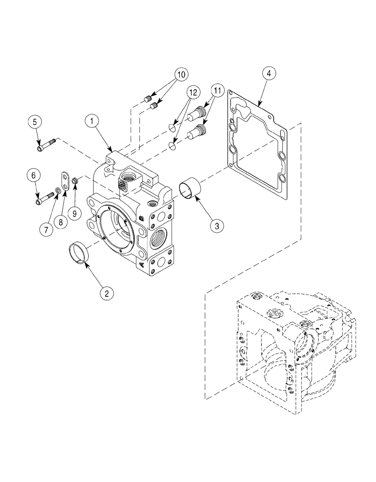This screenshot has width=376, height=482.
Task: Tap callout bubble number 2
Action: tap(107, 292)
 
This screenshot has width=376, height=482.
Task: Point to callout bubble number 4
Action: tap(269, 74)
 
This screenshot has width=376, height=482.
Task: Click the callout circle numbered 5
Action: tap(35, 122)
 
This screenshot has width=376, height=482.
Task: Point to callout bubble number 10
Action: tap(180, 75)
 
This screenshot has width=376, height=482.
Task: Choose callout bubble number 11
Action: tap(217, 90)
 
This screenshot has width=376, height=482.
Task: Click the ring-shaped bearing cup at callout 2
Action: tap(79, 253)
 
